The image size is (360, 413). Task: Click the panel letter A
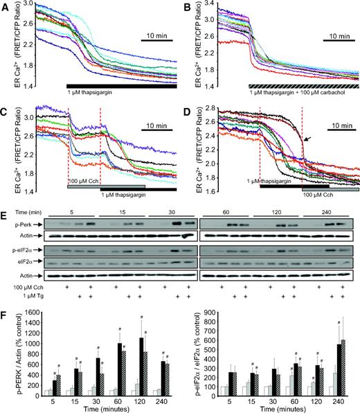6,6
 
